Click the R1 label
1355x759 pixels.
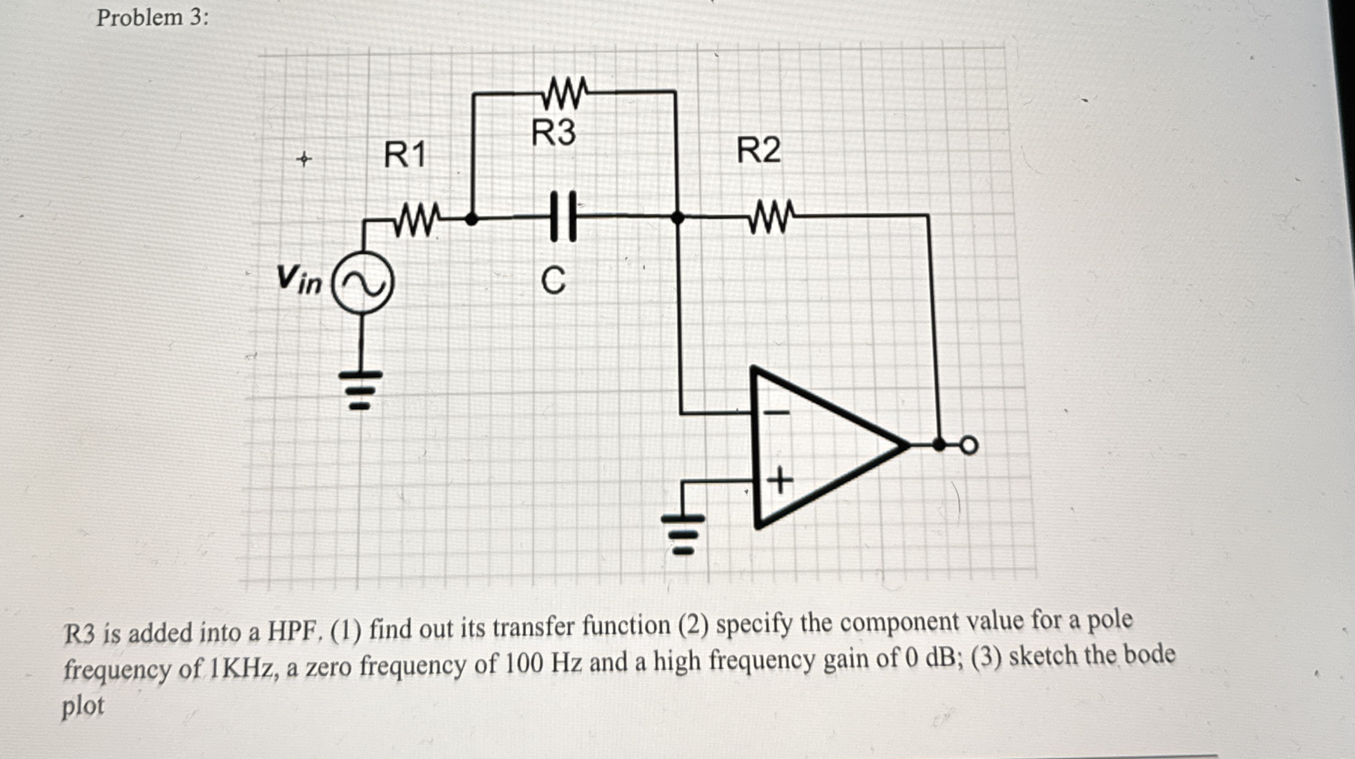coord(405,155)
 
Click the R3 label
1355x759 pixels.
coord(553,133)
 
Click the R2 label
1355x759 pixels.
coord(758,150)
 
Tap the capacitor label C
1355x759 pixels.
coord(553,281)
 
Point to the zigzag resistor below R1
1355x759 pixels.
coord(417,218)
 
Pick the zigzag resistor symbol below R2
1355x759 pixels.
coord(772,216)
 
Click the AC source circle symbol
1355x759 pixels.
coord(363,282)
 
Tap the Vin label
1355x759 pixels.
coord(299,280)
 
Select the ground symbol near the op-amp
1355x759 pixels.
coord(682,534)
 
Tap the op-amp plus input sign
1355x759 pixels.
coord(779,479)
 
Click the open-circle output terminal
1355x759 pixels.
coord(968,446)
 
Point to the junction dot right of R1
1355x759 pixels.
coord(471,219)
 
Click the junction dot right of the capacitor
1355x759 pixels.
coord(677,218)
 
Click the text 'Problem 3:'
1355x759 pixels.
coord(152,18)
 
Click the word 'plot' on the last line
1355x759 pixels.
coord(83,706)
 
